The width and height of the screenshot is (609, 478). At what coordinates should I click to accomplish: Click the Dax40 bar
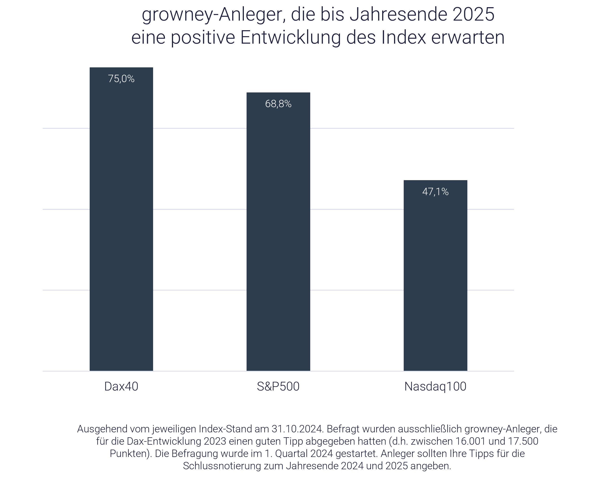[x=121, y=224]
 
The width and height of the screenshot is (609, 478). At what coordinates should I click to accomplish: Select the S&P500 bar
[x=278, y=238]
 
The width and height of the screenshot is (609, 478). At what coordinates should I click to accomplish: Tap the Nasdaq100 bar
[x=435, y=280]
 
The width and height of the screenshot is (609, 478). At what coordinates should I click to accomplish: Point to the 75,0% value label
[x=121, y=79]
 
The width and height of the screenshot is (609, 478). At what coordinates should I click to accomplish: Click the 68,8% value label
[x=278, y=104]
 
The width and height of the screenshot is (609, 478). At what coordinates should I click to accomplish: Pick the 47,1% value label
[x=435, y=192]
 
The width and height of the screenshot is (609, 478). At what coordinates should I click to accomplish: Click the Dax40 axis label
[x=121, y=386]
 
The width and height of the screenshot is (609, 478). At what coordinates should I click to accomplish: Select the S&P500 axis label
[x=278, y=386]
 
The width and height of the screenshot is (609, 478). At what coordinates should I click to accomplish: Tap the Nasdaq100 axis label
[x=435, y=386]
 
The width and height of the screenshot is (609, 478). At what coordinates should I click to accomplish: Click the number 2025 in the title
[x=473, y=15]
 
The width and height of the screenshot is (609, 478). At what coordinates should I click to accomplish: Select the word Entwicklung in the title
[x=290, y=38]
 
